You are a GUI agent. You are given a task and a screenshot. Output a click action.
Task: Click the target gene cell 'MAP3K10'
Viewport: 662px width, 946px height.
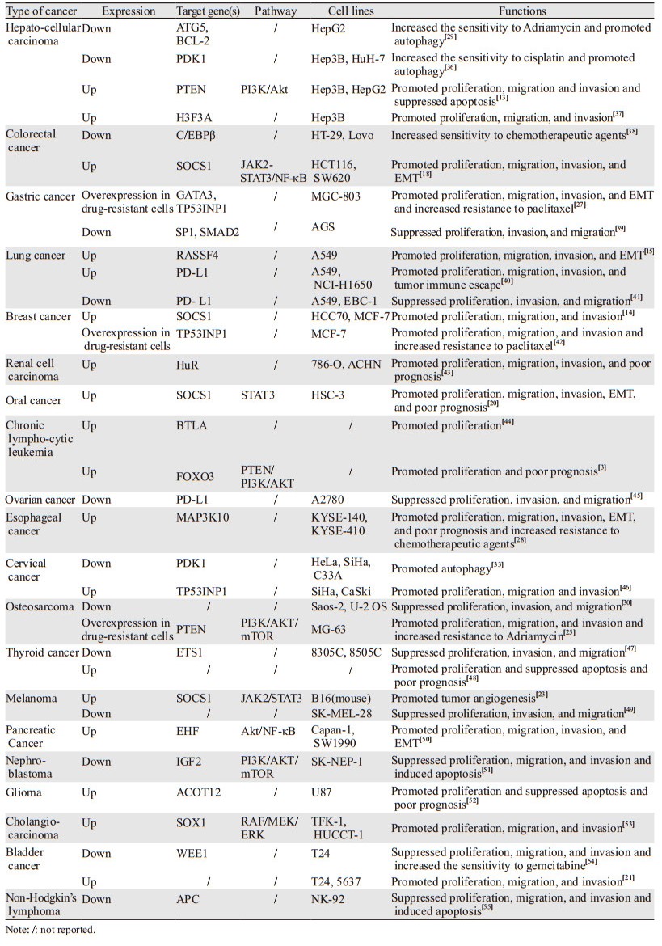200,515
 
